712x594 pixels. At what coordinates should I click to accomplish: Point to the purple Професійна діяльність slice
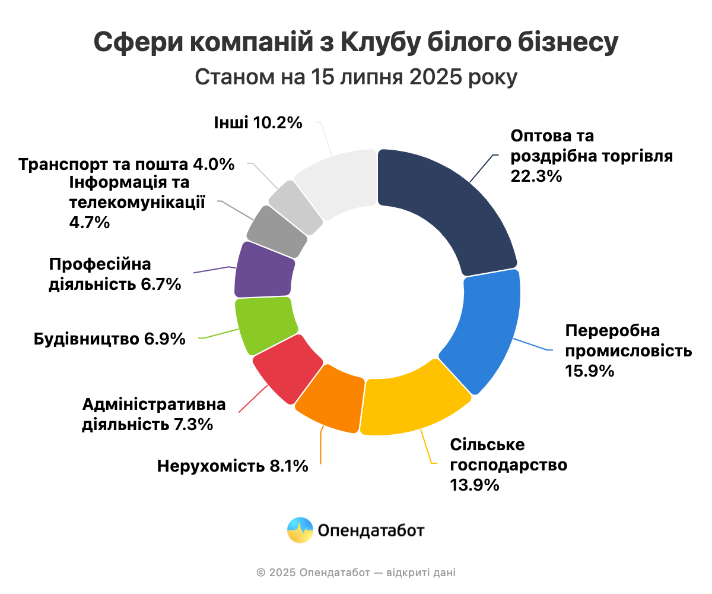[264, 270]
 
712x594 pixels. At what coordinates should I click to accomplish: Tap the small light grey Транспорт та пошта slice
[296, 206]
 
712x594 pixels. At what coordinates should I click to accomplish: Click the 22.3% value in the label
[536, 176]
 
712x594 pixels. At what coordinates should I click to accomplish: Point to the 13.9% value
[474, 485]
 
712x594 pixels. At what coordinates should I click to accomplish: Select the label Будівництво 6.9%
[110, 340]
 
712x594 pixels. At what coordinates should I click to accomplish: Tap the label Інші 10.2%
[258, 123]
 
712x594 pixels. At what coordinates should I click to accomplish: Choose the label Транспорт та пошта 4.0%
[126, 164]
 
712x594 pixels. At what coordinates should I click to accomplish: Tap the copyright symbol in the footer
[260, 573]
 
